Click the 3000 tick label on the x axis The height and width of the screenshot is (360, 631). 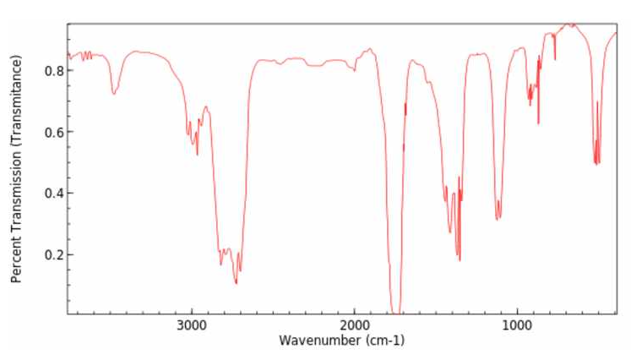192,325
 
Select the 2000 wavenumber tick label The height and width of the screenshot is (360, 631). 354,325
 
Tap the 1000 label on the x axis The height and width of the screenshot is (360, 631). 517,325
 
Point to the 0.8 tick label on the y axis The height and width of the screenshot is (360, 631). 53,71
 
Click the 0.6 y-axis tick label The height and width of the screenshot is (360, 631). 53,132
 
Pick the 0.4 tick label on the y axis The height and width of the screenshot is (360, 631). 53,194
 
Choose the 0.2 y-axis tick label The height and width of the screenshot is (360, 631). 53,255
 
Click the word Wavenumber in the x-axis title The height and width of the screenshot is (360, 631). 320,341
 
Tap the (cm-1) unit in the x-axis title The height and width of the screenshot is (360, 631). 385,341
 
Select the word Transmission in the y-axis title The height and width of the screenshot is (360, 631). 16,191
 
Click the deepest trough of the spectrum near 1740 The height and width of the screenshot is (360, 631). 396,312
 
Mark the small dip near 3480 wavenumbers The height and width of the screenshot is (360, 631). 114,94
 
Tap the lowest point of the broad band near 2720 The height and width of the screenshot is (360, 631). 237,283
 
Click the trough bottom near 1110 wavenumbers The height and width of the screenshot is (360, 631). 498,219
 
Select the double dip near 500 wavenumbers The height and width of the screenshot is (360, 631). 597,162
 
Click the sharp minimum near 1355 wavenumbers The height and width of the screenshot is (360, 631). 460,260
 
